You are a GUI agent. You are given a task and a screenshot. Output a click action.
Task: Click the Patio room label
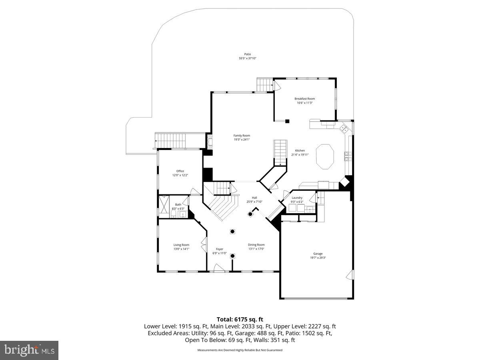click(248, 54)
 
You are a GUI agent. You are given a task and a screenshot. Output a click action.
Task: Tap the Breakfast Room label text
click(304, 99)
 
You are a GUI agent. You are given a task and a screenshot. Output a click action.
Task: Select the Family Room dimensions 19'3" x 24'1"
click(242, 140)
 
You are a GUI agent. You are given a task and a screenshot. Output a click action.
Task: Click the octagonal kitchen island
click(325, 157)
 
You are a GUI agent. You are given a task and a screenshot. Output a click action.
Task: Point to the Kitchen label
click(300, 150)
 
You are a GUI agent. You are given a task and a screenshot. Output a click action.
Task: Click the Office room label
click(180, 171)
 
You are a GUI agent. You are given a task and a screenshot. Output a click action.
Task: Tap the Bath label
click(178, 204)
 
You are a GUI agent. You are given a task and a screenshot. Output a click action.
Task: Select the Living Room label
click(181, 245)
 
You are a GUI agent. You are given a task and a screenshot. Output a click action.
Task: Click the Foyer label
click(220, 249)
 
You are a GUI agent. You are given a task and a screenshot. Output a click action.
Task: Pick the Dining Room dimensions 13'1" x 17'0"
click(256, 249)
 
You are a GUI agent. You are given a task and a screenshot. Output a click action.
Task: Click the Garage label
click(318, 253)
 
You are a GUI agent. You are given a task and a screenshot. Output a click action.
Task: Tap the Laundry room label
click(297, 198)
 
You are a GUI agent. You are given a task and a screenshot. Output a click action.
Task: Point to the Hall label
click(254, 198)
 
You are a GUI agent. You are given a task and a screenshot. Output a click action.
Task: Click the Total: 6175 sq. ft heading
click(240, 319)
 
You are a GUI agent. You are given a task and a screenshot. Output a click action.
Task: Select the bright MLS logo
click(29, 350)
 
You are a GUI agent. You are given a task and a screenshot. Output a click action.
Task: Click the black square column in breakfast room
click(287, 121)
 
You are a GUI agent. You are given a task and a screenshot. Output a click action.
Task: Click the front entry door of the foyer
click(219, 269)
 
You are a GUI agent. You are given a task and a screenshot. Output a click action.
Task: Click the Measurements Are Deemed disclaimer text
click(240, 350)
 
